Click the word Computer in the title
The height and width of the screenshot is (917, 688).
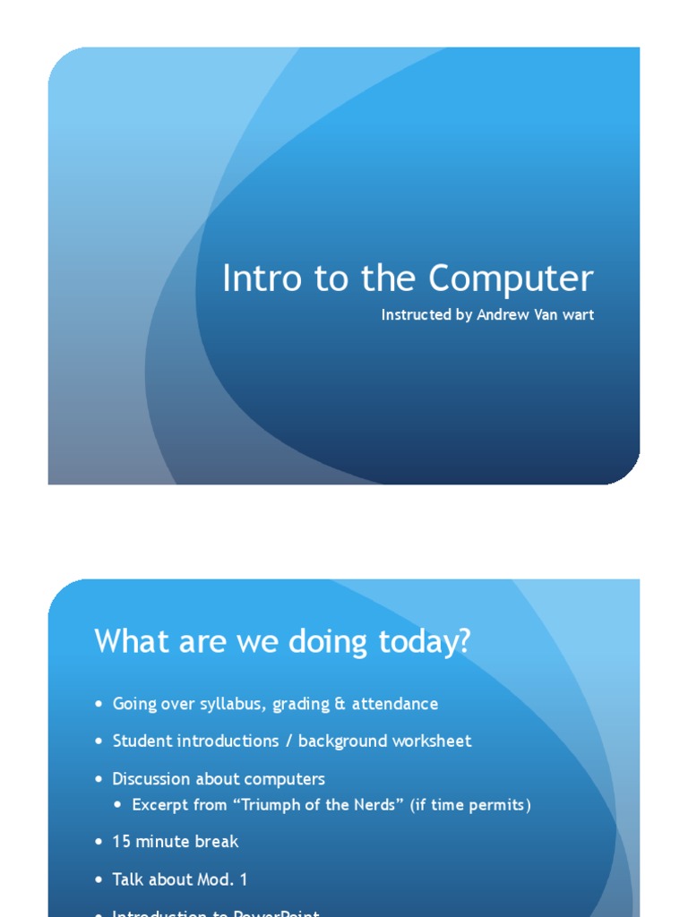tap(511, 279)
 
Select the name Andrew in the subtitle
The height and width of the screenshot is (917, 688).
tap(501, 315)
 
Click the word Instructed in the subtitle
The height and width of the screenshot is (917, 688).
tap(415, 315)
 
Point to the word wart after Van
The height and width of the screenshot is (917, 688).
tap(578, 315)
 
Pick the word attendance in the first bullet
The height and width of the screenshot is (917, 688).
tap(395, 704)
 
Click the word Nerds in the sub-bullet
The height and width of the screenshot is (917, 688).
tap(380, 805)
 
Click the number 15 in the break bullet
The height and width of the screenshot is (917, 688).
tap(121, 842)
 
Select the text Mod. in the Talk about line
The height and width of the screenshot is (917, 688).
tap(217, 879)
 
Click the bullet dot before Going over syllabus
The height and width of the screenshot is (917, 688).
tap(99, 705)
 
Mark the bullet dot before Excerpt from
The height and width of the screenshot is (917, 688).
tap(118, 806)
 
